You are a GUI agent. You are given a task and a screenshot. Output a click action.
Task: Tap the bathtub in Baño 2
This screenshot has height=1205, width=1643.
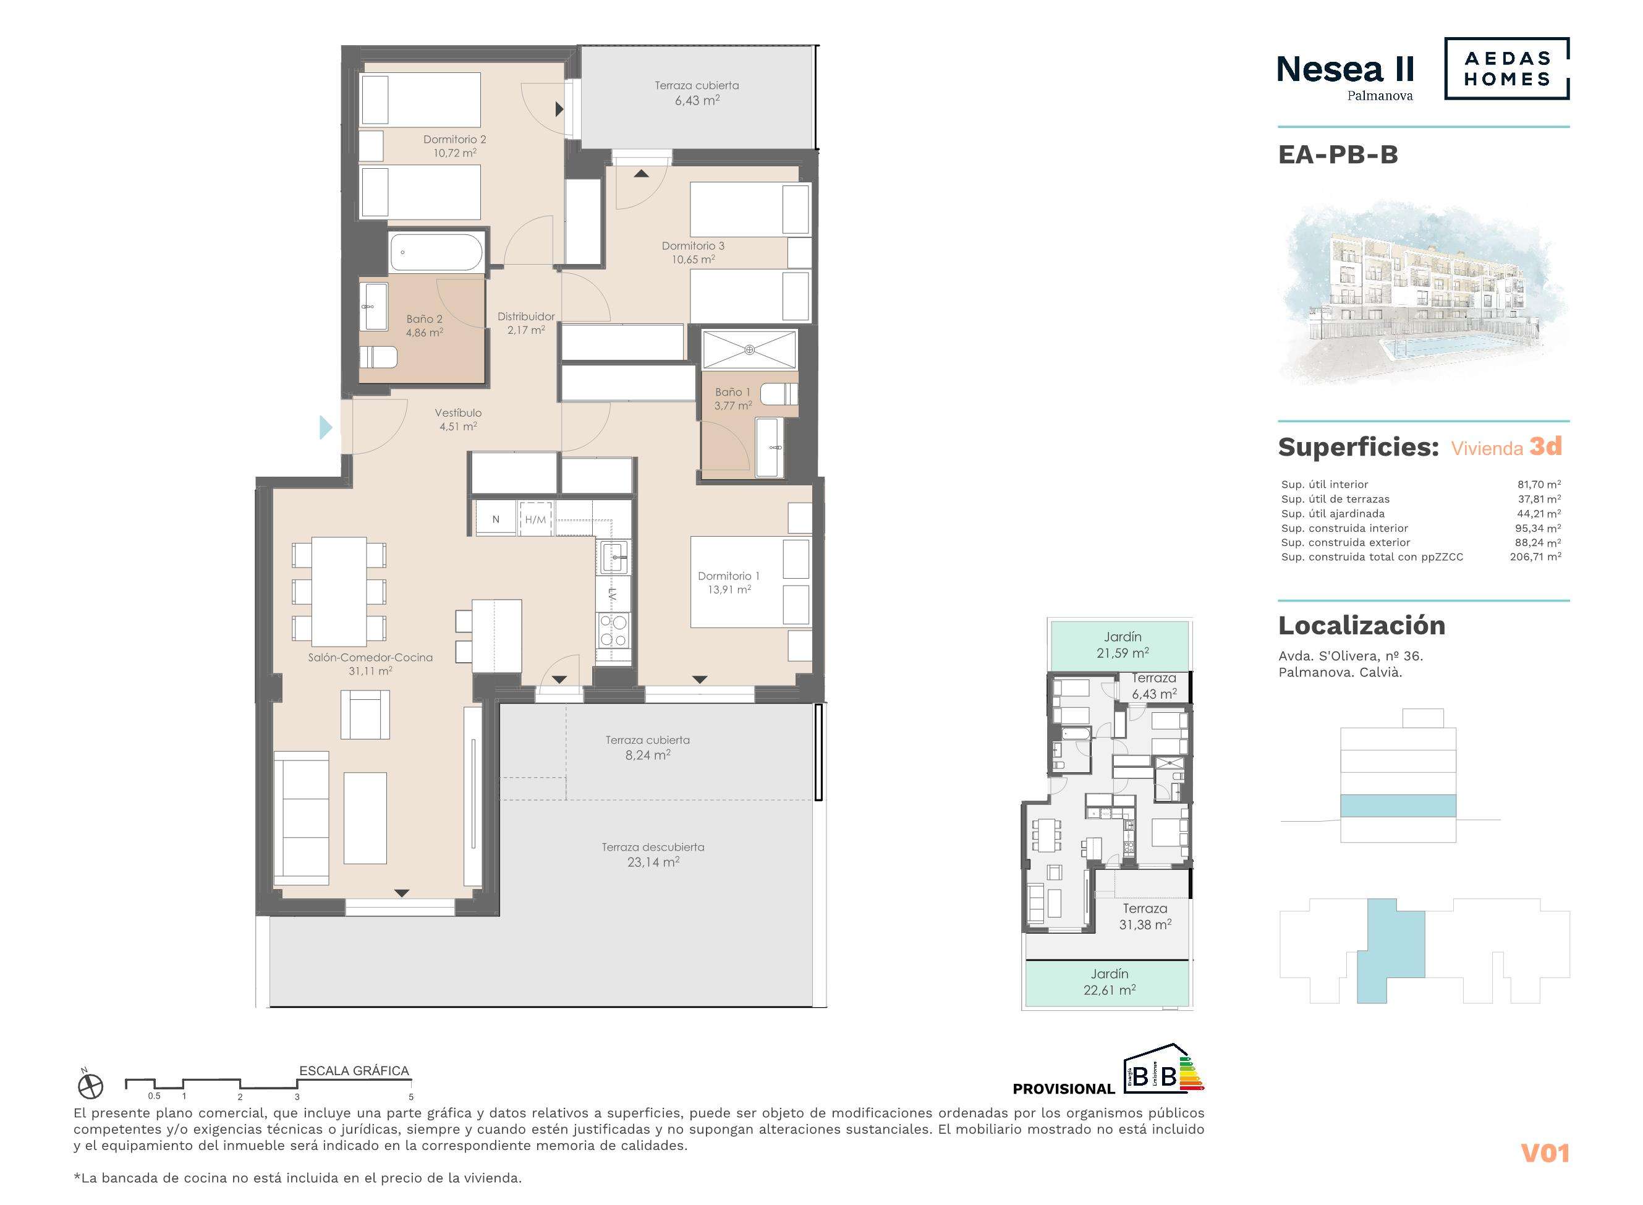pos(436,253)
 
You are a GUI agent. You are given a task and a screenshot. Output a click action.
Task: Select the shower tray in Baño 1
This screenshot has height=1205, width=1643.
pos(749,349)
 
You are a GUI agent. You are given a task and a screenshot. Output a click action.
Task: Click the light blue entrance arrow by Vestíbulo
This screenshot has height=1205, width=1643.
pos(326,427)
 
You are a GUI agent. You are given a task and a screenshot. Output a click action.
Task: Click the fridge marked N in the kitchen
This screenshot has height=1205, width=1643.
pos(496,519)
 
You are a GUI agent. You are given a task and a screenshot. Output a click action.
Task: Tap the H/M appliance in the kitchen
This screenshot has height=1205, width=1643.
pos(535,519)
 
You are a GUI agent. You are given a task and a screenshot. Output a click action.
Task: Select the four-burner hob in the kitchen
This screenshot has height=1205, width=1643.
pos(613,631)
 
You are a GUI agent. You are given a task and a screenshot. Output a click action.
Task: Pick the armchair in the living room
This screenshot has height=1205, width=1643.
pos(365,714)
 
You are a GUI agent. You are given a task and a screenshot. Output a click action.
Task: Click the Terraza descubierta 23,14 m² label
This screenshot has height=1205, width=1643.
pos(653,854)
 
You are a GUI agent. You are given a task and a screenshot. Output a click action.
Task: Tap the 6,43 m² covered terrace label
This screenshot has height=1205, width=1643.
pos(697,93)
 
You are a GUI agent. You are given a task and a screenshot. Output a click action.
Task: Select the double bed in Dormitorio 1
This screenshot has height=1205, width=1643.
pos(750,582)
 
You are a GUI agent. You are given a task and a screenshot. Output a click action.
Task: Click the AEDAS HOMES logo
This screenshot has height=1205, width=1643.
pos(1506,69)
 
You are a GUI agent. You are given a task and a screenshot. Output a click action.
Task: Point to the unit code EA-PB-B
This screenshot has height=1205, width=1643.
pos(1338,155)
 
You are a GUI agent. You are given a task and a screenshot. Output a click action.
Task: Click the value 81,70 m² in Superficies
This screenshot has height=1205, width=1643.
pos(1539,484)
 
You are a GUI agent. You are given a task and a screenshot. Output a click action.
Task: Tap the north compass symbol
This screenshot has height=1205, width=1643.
pos(90,1086)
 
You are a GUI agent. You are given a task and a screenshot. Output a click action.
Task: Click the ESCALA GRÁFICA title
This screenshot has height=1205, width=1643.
pos(354,1071)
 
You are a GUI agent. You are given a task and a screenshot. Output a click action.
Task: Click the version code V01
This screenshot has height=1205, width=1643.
pos(1545,1153)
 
